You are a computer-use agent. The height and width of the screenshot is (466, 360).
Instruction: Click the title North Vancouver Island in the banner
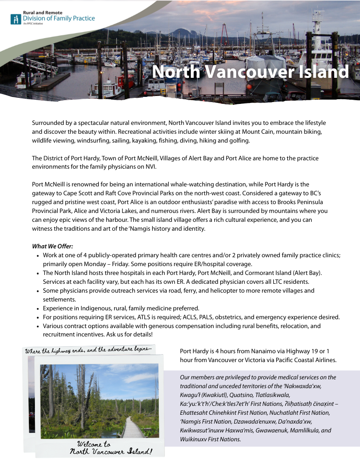coord(250,72)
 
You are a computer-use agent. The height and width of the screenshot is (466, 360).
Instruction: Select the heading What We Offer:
coord(53,246)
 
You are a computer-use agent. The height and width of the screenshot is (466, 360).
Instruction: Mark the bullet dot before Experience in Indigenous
coord(37,308)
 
